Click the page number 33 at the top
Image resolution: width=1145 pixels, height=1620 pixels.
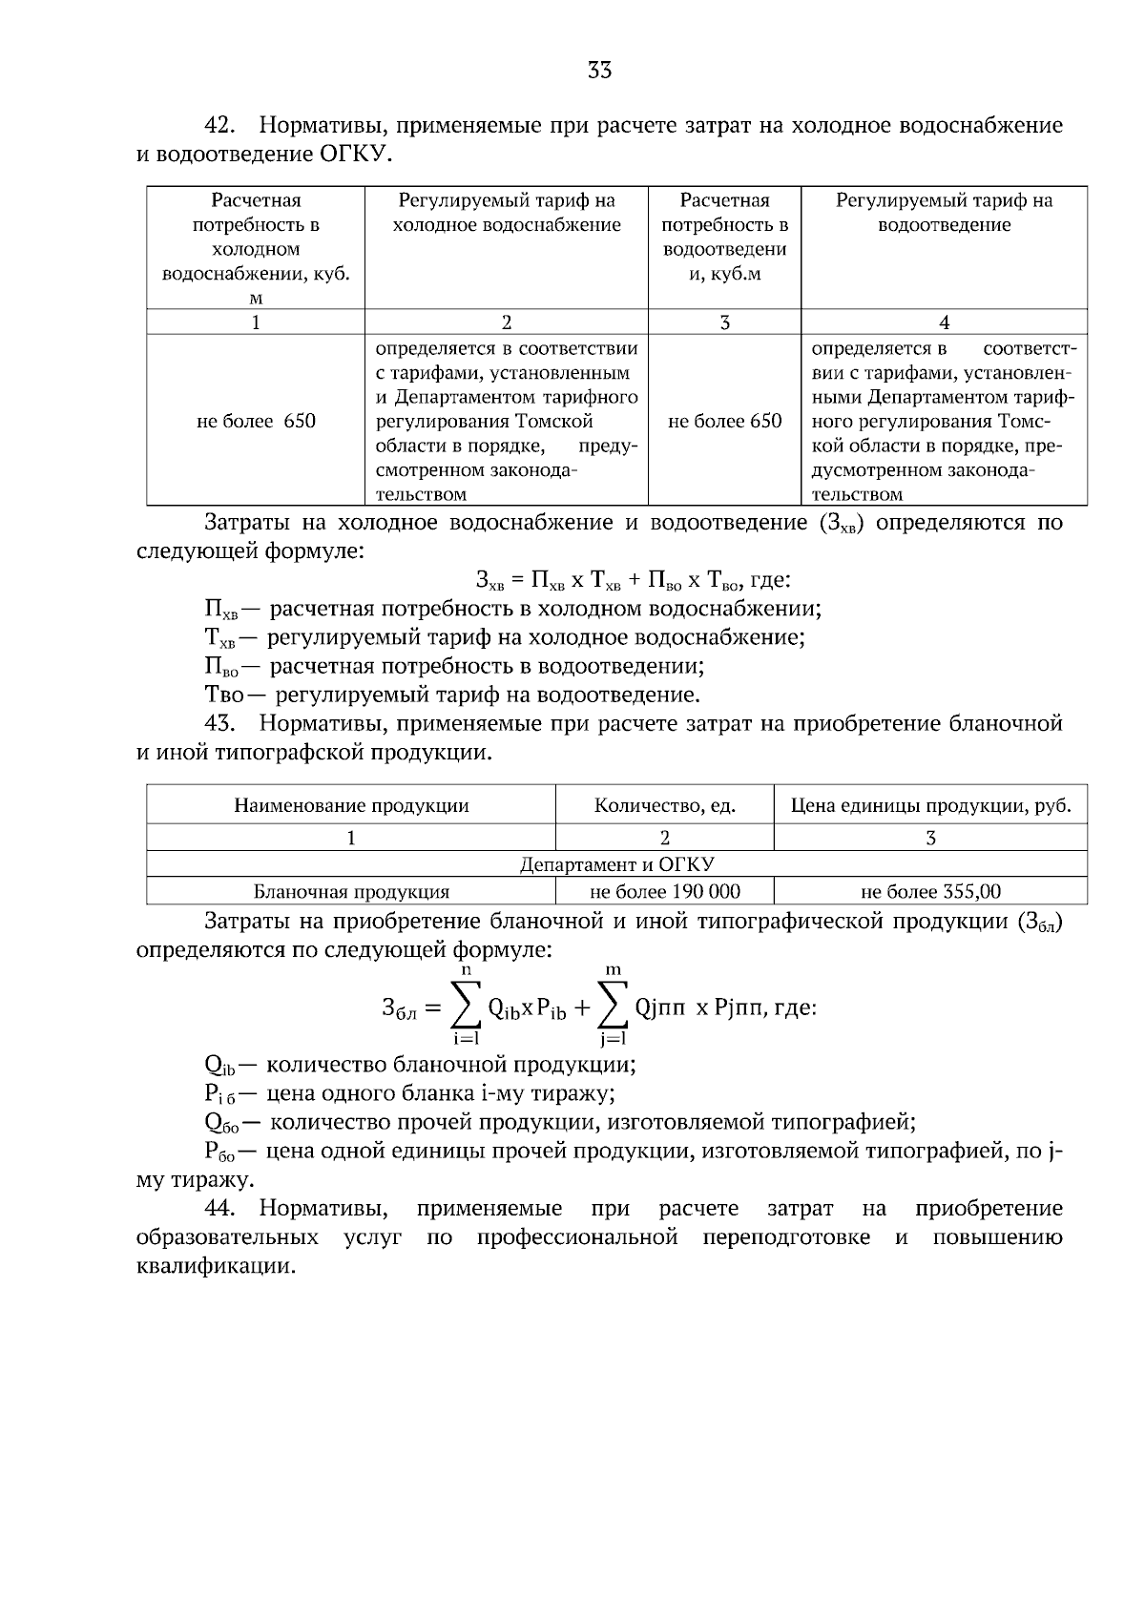click(x=599, y=70)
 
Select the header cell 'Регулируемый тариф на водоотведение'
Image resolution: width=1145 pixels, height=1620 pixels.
click(x=944, y=213)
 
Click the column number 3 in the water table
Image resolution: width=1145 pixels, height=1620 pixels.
click(x=724, y=322)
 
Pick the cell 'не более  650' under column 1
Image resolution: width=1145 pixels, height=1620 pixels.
click(x=256, y=421)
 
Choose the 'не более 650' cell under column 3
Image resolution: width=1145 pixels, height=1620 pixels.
click(x=724, y=421)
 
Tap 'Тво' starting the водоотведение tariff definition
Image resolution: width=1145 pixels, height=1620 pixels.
click(x=224, y=696)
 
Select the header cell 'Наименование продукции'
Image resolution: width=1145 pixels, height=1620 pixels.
click(x=351, y=805)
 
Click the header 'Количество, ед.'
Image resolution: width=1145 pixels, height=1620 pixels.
click(x=664, y=805)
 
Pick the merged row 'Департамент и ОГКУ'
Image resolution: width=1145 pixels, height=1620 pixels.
click(x=616, y=864)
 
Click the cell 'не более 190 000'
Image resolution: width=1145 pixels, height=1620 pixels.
click(x=664, y=892)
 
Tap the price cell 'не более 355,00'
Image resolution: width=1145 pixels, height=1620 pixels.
click(x=930, y=892)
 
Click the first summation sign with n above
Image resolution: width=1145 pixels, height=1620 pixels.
click(x=466, y=1007)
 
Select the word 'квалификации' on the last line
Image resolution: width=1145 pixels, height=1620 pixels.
click(x=210, y=1267)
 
